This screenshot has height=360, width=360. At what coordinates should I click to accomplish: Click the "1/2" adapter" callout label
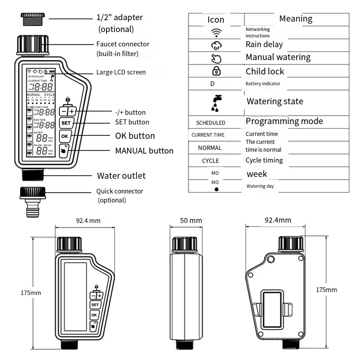click(x=119, y=17)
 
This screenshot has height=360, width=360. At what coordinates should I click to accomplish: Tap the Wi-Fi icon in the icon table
click(x=216, y=33)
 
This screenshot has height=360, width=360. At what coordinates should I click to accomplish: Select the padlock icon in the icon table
click(x=217, y=71)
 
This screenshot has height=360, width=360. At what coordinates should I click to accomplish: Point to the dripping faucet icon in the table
click(x=216, y=102)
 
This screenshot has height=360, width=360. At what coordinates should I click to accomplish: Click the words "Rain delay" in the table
click(x=264, y=45)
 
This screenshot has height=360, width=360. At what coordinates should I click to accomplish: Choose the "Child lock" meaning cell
click(x=265, y=71)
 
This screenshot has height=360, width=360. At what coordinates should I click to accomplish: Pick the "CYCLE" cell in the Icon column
click(x=210, y=161)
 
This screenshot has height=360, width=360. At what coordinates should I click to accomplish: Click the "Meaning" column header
click(x=296, y=19)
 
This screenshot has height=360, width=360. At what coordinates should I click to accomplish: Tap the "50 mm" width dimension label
click(x=191, y=220)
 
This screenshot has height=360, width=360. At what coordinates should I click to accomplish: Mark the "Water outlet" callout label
click(x=121, y=176)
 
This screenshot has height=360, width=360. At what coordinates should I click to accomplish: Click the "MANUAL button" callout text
click(x=144, y=151)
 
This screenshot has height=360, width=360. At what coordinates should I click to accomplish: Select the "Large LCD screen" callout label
click(x=121, y=72)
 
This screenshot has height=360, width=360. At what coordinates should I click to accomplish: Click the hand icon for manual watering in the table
click(x=216, y=58)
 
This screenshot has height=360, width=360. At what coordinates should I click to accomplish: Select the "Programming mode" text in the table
click(x=284, y=121)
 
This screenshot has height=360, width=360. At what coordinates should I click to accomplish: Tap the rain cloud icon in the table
click(x=216, y=45)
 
